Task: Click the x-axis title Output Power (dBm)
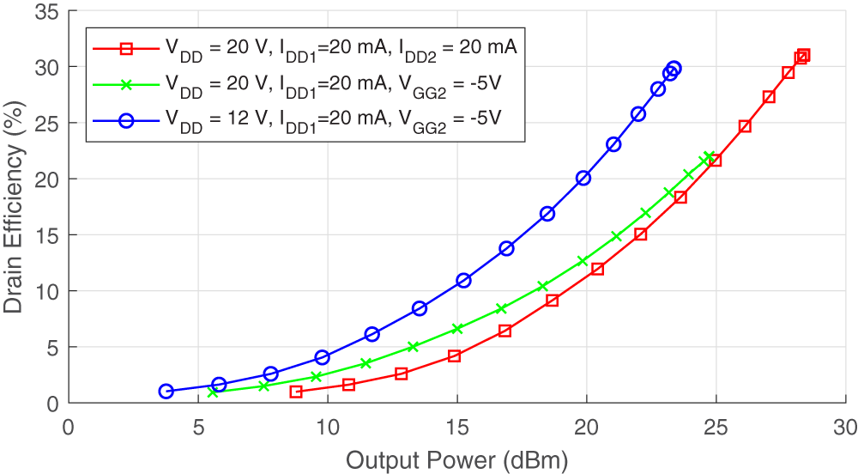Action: [456, 461]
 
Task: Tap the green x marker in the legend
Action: [126, 85]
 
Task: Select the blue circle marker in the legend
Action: [126, 121]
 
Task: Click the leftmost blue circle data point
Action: [166, 392]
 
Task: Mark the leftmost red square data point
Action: [296, 392]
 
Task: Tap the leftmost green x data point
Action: [213, 392]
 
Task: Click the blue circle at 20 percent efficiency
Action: [583, 178]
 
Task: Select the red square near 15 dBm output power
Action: [454, 355]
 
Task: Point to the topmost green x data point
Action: [709, 156]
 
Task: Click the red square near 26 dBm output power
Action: [745, 126]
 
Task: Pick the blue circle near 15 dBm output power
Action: [463, 280]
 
